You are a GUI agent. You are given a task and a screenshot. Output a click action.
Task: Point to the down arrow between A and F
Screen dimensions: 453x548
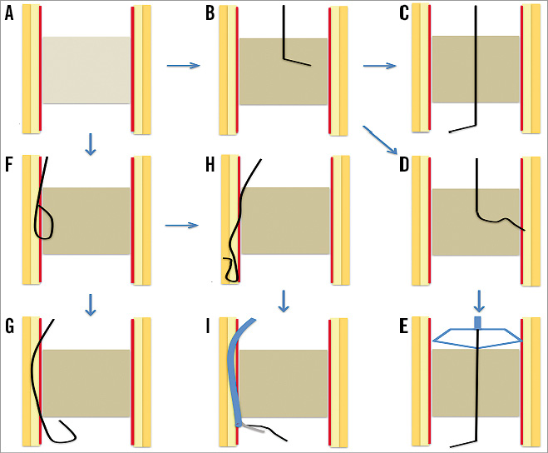(91, 146)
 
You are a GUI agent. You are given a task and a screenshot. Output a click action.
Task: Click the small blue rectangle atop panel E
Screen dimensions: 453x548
(477, 321)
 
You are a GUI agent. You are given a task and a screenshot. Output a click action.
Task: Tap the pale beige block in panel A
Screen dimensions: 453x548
(86, 70)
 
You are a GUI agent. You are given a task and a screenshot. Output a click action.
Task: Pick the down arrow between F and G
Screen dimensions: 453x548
(91, 305)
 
